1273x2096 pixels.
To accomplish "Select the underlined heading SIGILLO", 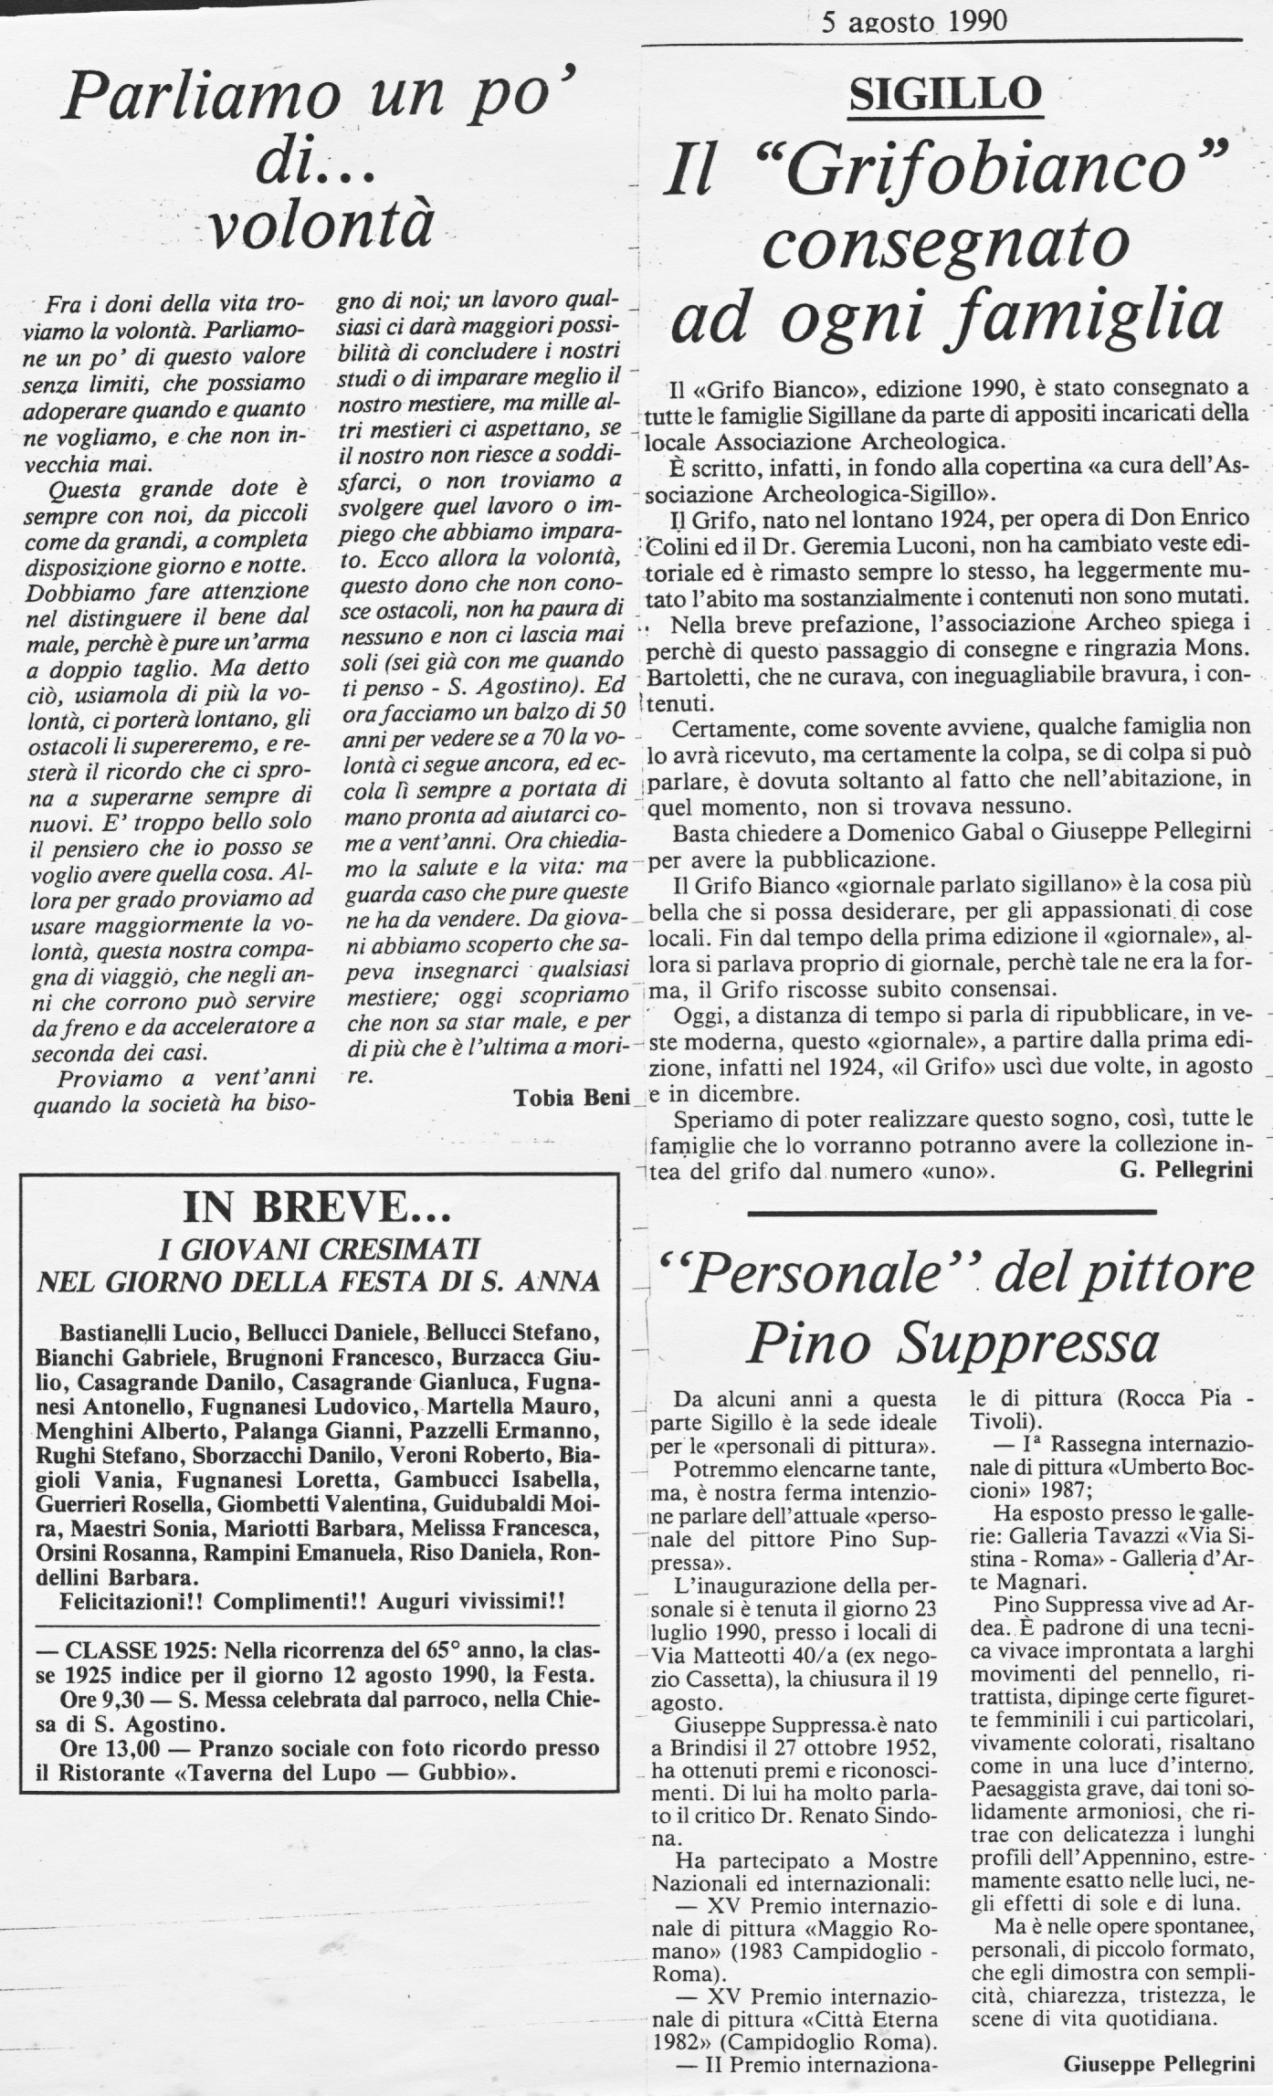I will (x=945, y=94).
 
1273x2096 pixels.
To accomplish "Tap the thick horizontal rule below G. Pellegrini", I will (x=951, y=1212).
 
